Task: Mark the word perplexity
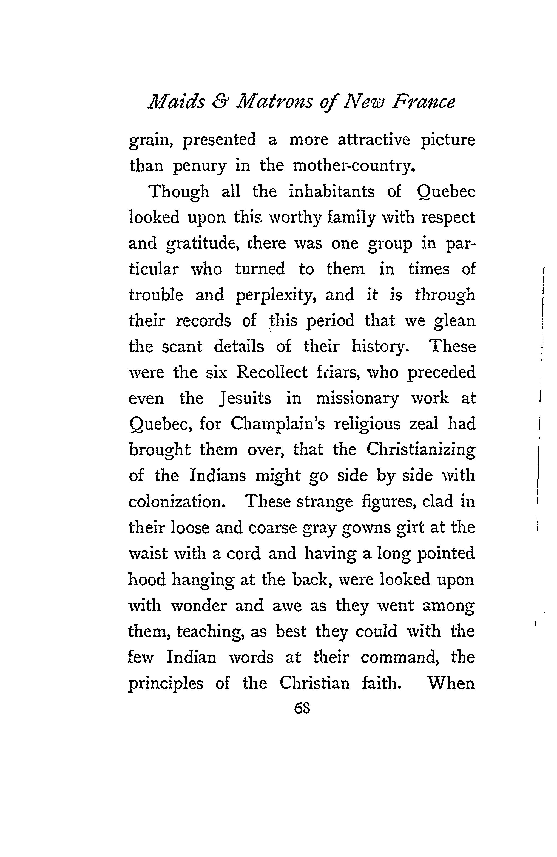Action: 276,296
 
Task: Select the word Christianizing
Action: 421,450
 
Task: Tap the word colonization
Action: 177,502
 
